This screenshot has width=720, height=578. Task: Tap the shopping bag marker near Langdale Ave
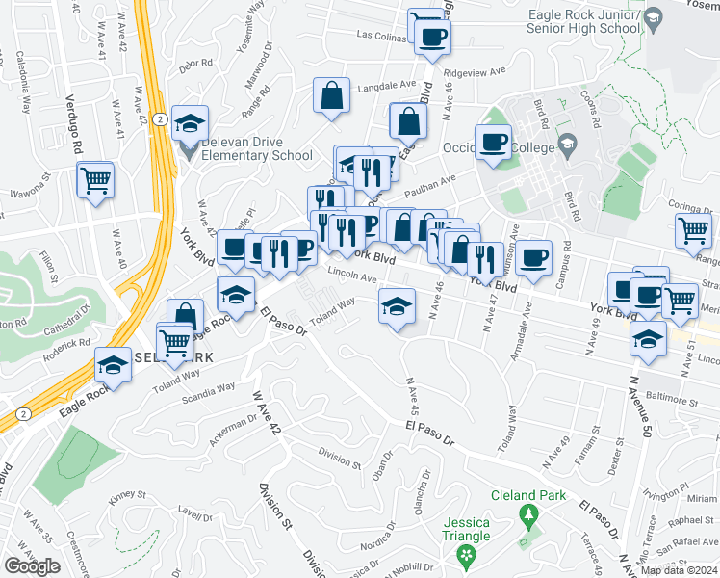[331, 95]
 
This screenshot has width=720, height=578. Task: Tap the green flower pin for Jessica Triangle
[467, 555]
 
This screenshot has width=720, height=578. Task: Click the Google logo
[32, 566]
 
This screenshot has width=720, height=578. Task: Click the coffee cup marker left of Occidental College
[494, 142]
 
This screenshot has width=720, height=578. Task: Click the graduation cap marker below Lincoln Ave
[396, 306]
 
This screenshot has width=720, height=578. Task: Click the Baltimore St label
[673, 398]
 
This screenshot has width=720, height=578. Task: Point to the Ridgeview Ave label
[473, 72]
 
